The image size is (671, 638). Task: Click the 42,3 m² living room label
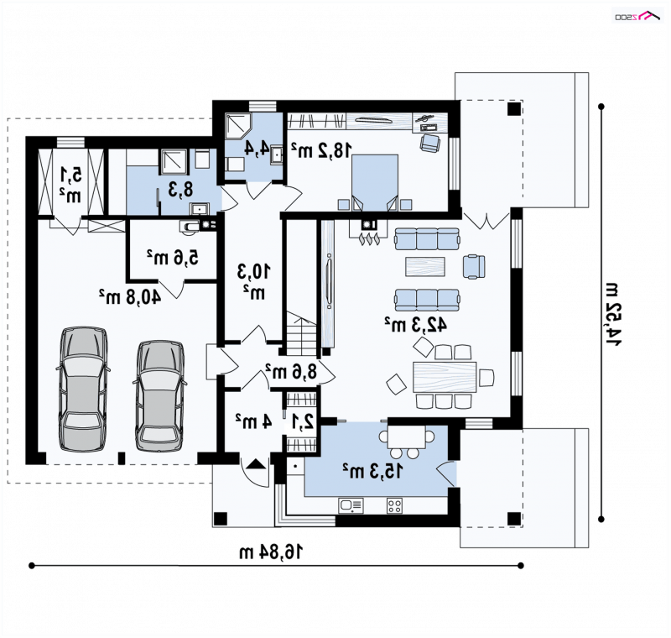tap(415, 325)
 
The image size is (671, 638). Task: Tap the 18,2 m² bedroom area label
tap(322, 150)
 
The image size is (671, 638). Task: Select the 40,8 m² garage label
tap(130, 295)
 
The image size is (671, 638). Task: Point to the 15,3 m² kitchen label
tap(372, 471)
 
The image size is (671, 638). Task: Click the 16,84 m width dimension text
tap(270, 552)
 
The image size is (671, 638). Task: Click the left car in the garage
tap(82, 389)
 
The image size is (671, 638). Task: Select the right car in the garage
tap(159, 395)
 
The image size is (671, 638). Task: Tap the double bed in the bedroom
tap(375, 182)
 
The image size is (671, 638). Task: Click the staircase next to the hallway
tap(302, 333)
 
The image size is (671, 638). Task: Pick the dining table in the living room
tap(445, 377)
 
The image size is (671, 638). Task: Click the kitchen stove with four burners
tap(394, 505)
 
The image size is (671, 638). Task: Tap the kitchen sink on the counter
tap(351, 505)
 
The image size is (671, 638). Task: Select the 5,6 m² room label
tap(173, 258)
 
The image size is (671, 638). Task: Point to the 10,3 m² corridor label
tap(254, 281)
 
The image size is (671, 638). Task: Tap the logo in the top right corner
tap(637, 16)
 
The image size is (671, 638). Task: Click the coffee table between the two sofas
tap(425, 266)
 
